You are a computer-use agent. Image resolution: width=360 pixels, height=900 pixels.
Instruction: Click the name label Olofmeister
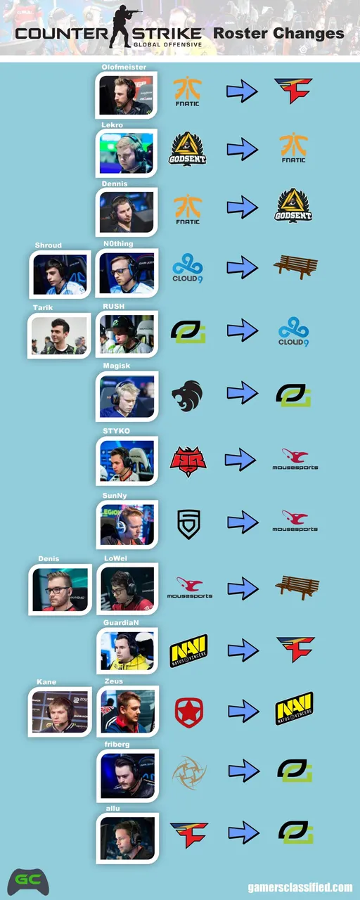coord(124,67)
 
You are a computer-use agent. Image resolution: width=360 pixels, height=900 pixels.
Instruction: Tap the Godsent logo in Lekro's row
coord(187,148)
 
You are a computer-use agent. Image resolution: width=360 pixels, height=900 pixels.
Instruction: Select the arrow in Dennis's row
coord(243,207)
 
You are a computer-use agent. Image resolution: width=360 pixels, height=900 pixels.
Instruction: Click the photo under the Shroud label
coord(60,275)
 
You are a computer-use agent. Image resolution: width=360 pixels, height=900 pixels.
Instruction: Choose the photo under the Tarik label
coord(58,336)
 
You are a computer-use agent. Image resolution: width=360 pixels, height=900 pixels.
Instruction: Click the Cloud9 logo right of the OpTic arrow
coord(294,331)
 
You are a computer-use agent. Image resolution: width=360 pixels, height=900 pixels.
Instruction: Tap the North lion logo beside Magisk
coord(187,396)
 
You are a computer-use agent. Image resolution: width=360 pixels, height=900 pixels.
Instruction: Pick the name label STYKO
coord(116,431)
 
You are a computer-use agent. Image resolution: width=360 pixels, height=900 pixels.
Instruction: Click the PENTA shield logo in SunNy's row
coord(189,524)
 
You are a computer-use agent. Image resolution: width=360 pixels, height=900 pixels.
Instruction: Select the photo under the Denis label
coord(60,590)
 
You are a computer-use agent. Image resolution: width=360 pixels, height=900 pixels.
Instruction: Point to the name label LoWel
coord(115,558)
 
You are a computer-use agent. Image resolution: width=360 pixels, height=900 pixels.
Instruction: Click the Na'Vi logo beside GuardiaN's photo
coord(188,650)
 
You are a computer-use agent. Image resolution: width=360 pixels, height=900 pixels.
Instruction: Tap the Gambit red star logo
coord(189,712)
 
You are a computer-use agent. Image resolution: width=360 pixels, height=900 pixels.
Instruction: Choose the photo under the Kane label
coord(60,712)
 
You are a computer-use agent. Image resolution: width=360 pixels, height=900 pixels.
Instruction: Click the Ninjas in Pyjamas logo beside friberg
coord(189,772)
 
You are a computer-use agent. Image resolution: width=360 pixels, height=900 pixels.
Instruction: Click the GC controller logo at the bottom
coord(28,881)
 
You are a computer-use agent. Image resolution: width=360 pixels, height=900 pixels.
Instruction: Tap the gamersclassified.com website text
coord(300,887)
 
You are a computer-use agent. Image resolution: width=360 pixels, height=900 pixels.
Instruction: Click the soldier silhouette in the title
coord(124,26)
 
